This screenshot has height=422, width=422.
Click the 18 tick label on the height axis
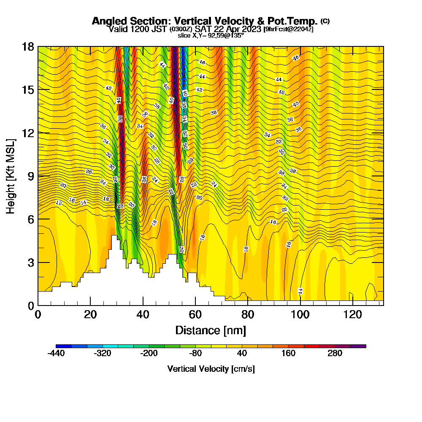click(x=28, y=46)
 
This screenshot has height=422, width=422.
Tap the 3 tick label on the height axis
click(x=31, y=262)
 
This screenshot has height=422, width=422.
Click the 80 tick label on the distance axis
click(x=247, y=314)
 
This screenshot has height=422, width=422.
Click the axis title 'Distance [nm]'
click(x=211, y=330)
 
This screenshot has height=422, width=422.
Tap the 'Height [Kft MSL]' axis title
click(x=11, y=176)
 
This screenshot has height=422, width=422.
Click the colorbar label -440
click(x=56, y=353)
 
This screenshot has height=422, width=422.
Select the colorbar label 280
click(x=335, y=353)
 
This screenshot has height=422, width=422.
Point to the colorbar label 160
click(x=289, y=353)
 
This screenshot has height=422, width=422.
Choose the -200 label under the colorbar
click(x=149, y=353)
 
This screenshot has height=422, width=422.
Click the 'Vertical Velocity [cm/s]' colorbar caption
click(x=211, y=369)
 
